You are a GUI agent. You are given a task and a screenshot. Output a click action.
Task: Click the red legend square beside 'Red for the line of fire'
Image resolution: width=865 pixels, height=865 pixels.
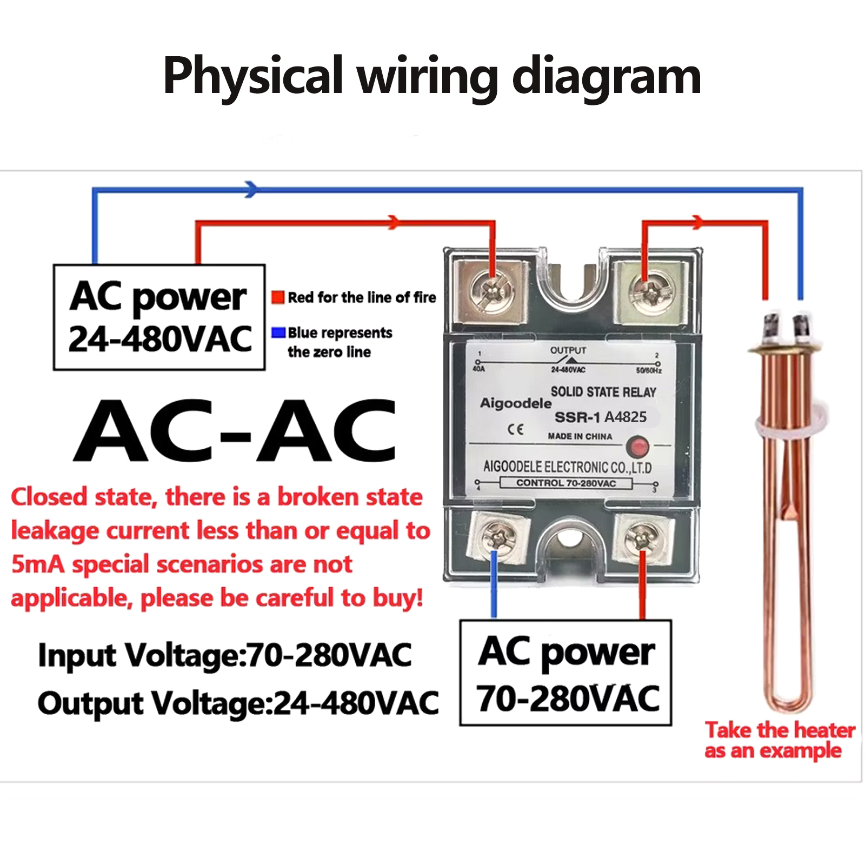click(278, 297)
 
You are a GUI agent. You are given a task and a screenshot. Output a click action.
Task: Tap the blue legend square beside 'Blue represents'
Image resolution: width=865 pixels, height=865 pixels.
click(278, 332)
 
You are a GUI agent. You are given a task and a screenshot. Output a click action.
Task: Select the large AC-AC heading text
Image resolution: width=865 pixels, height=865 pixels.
click(235, 431)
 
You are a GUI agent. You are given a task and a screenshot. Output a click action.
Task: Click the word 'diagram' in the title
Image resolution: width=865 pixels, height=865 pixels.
click(606, 77)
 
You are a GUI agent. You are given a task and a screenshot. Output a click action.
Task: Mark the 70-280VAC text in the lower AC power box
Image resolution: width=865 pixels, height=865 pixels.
click(568, 698)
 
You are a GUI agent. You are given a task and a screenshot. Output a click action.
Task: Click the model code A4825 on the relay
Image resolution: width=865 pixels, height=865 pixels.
click(626, 417)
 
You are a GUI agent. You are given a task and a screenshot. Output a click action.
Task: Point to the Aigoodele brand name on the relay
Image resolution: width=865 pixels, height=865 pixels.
click(516, 403)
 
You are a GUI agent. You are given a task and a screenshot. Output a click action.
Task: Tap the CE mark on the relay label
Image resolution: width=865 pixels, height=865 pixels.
click(516, 429)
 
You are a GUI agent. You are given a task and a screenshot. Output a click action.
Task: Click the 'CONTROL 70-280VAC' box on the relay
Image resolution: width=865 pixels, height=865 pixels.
click(565, 483)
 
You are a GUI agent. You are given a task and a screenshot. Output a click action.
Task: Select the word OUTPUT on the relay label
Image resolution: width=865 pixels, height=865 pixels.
click(568, 350)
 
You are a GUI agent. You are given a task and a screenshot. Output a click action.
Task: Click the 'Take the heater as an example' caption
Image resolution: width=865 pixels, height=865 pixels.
click(778, 740)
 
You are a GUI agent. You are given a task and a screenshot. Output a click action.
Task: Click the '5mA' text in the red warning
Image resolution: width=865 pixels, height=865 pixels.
click(38, 564)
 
